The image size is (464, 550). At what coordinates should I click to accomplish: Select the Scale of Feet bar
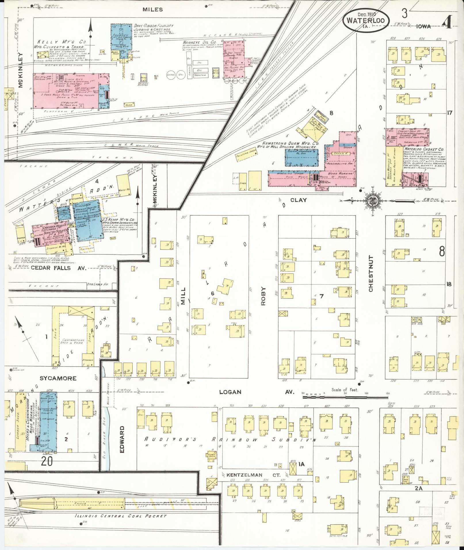point(345,397)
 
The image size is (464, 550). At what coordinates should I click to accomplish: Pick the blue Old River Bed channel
point(107,440)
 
